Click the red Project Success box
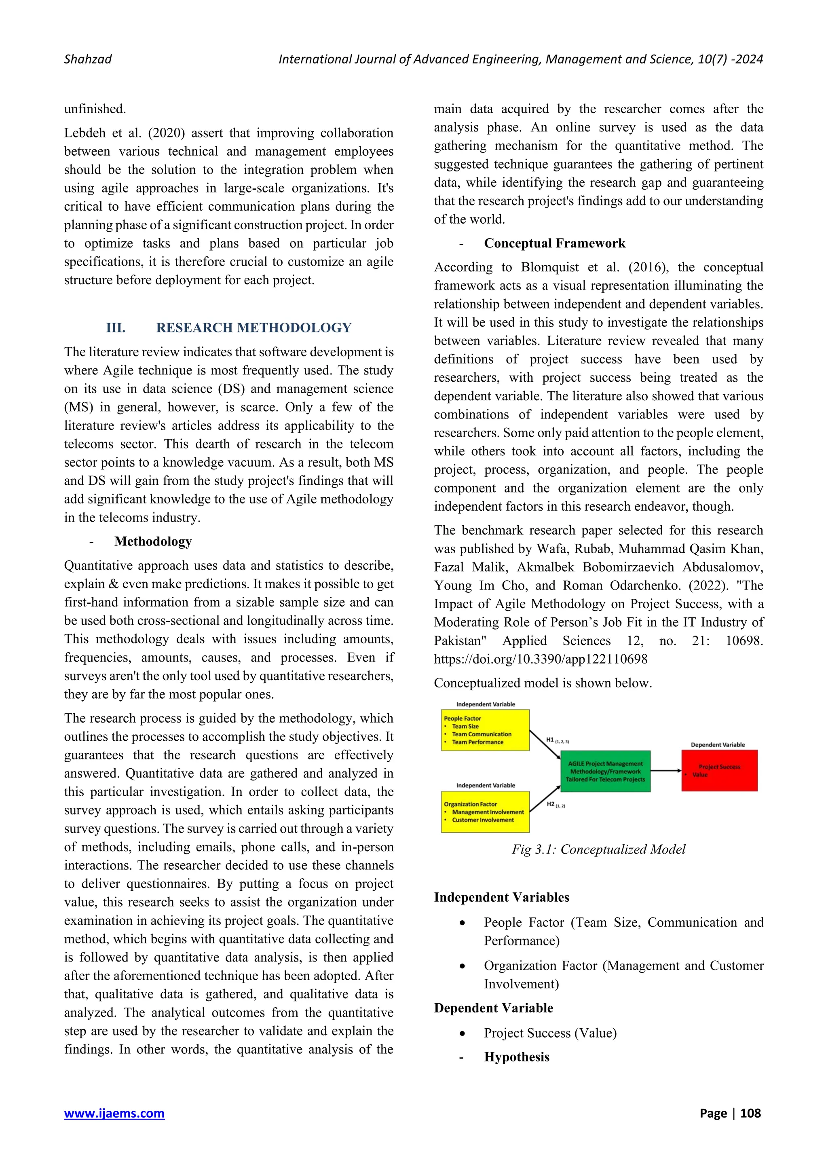pos(719,770)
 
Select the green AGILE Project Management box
pos(605,771)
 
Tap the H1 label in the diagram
pos(551,740)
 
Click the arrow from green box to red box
pos(665,771)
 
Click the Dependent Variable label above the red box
pos(717,745)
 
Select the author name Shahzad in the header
pos(88,59)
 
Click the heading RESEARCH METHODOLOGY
pos(253,328)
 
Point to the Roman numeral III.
pos(116,328)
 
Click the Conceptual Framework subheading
pos(554,243)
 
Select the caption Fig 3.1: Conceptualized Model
pos(599,849)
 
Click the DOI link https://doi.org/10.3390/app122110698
pos(541,659)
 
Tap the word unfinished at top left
pos(95,109)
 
